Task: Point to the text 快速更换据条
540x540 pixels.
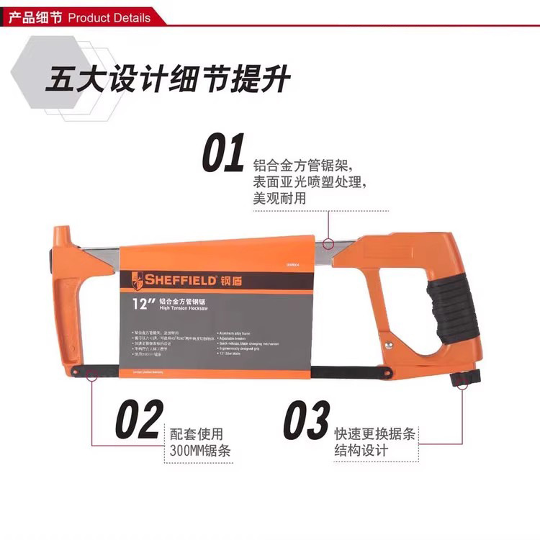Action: pos(377,434)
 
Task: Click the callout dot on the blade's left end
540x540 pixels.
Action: pos(91,374)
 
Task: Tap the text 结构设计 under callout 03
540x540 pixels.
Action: pos(361,451)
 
